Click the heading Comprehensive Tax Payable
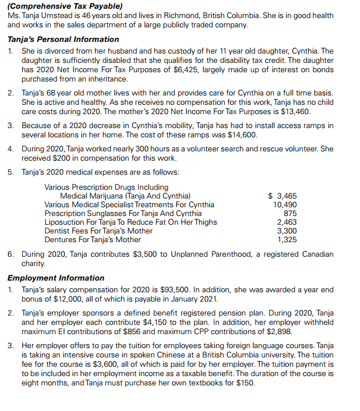63,6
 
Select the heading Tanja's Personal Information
63,39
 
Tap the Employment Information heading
56,278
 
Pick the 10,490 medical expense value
285,204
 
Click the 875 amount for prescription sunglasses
290,213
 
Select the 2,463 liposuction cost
287,222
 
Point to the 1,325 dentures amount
287,239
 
